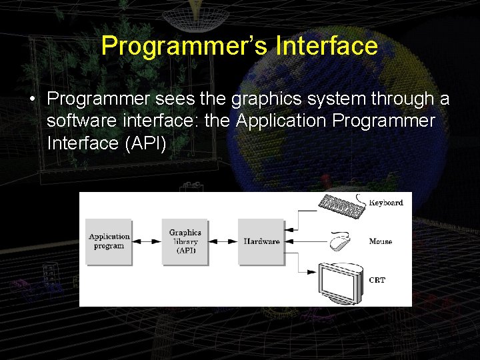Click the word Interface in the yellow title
pos(326,46)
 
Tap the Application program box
pos(109,241)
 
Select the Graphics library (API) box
pos(185,241)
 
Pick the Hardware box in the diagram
pos(261,241)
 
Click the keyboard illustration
pos(343,204)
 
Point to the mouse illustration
pos(339,240)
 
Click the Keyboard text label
pos(386,203)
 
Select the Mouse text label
pos(381,241)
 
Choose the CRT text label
pos(377,281)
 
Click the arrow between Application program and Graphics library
pos(146,241)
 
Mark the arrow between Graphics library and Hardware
pos(223,241)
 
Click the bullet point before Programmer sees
pos(32,99)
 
